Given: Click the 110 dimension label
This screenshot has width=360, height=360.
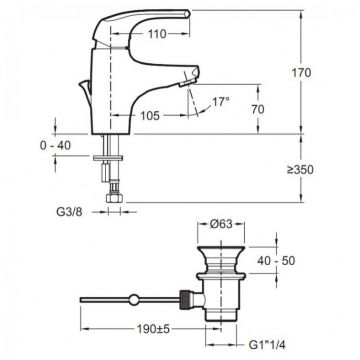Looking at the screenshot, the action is [156, 34].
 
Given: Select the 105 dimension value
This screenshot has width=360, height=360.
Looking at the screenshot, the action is [150, 116].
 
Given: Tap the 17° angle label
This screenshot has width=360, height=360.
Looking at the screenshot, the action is [221, 101].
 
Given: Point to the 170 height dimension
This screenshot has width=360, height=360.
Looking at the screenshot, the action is [302, 72].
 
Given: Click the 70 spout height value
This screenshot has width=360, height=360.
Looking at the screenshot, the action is [258, 109].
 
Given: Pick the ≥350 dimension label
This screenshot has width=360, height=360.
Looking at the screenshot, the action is [300, 170].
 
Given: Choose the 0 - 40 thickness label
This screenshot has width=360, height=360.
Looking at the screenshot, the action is [55, 145].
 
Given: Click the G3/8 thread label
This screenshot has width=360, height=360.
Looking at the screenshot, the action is [68, 212].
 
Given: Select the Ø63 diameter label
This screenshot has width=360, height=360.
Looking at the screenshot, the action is [221, 224].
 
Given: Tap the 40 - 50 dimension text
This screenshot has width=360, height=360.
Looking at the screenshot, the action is [276, 260].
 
